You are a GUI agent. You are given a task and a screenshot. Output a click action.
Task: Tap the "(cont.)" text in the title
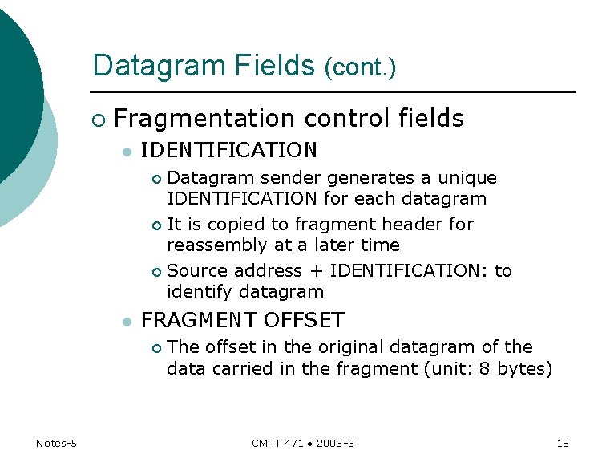pyautogui.click(x=360, y=67)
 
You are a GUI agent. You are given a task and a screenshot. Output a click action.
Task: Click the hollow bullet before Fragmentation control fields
pyautogui.click(x=98, y=120)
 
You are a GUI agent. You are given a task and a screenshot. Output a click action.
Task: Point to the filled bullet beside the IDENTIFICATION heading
pyautogui.click(x=125, y=152)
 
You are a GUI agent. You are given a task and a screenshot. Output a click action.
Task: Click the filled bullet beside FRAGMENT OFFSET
pyautogui.click(x=125, y=322)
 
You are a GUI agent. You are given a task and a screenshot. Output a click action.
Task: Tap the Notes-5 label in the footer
pyautogui.click(x=56, y=444)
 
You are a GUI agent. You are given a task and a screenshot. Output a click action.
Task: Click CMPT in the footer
pyautogui.click(x=266, y=444)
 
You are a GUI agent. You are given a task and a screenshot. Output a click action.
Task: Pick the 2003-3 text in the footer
pyautogui.click(x=336, y=444)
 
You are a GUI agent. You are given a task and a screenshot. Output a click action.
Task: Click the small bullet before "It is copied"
pyautogui.click(x=157, y=225)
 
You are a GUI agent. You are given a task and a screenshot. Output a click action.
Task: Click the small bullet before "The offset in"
pyautogui.click(x=157, y=348)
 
